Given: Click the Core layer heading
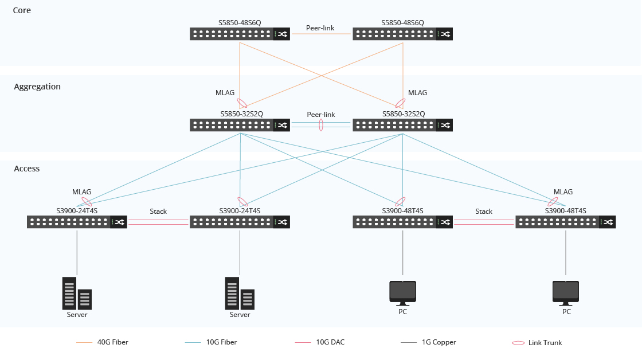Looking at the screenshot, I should click(22, 10).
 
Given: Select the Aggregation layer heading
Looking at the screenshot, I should click(37, 87).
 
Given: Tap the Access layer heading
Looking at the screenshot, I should click(27, 169).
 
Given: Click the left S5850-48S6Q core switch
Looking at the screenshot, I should click(240, 34).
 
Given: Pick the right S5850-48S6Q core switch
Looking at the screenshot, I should click(402, 34).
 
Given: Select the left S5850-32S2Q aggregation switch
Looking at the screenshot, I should click(240, 125).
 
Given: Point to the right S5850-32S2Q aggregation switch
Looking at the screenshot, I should click(402, 125).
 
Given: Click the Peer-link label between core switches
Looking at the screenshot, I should click(320, 28).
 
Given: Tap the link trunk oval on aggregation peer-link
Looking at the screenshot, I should click(321, 124).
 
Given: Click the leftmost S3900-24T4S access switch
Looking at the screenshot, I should click(77, 222).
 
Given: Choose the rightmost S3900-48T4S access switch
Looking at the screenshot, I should click(565, 222).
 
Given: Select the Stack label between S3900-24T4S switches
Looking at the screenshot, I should click(158, 212).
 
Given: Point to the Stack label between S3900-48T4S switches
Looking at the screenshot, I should click(484, 212).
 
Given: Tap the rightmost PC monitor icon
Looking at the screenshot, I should click(565, 292).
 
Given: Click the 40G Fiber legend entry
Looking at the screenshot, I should click(112, 342).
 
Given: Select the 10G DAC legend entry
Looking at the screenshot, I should click(330, 342).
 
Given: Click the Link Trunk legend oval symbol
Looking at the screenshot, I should click(518, 343).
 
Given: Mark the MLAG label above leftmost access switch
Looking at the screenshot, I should click(81, 192).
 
